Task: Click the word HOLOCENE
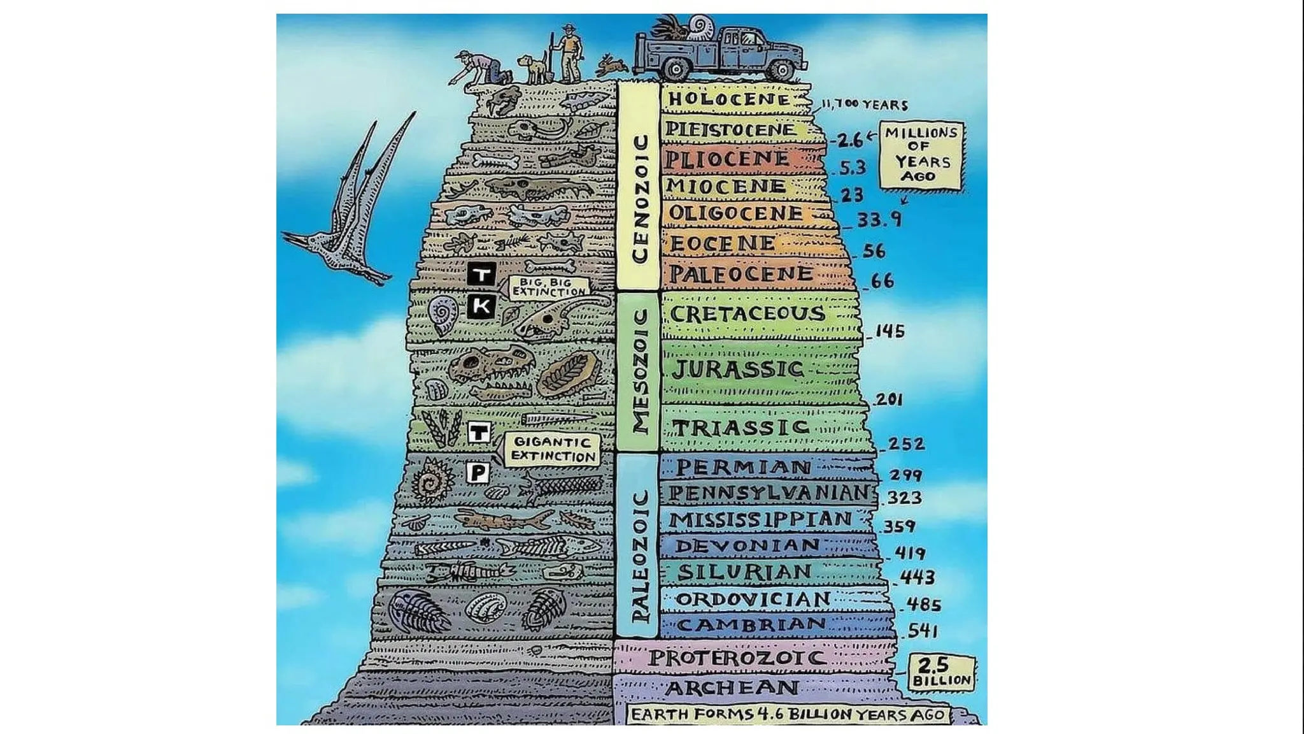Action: [x=729, y=99]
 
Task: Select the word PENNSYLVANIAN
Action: [x=769, y=493]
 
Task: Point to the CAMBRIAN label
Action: [x=751, y=625]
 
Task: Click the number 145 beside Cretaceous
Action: [x=890, y=331]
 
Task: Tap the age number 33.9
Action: [x=879, y=220]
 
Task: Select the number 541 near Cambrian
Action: [x=923, y=631]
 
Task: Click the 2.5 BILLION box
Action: [x=941, y=672]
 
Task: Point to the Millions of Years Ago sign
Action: [x=921, y=155]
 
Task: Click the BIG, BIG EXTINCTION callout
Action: [x=548, y=287]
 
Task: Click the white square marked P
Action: [x=478, y=473]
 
